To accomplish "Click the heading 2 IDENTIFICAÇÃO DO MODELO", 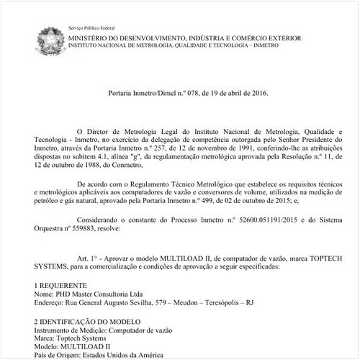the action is click(x=89, y=322).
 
